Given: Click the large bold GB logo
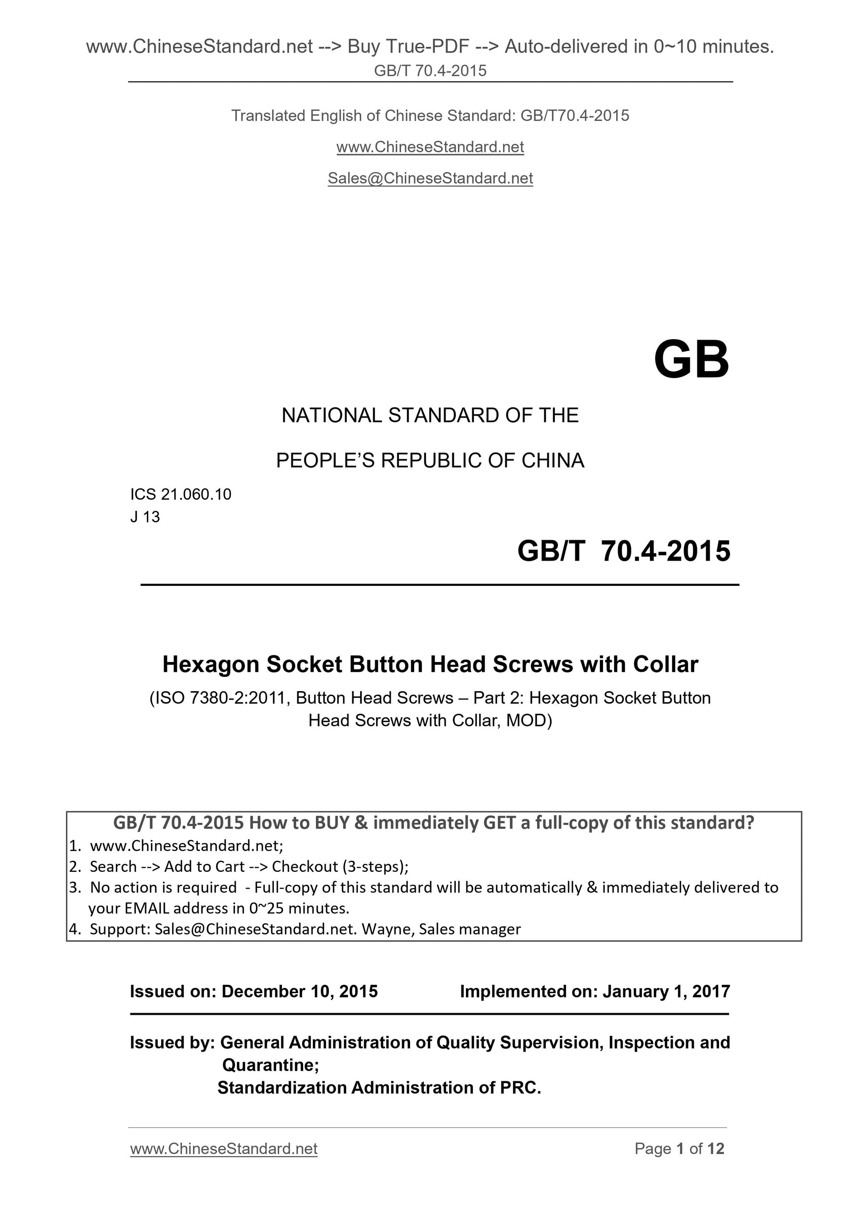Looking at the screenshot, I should pos(691,360).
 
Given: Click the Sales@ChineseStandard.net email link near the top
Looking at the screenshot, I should pos(430,178).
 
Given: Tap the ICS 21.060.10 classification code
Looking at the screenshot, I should pos(181,494).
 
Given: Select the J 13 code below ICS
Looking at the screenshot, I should pos(145,517).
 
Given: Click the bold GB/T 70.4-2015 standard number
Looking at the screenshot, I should pos(624,551).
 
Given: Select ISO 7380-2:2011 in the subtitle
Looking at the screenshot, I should pos(221,698).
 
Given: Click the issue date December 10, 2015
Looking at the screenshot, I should pos(299,991).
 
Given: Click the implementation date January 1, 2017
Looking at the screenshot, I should pos(666,991).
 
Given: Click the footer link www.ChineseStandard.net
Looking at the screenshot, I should pos(223,1149).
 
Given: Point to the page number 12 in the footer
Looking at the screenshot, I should pos(715,1149).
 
